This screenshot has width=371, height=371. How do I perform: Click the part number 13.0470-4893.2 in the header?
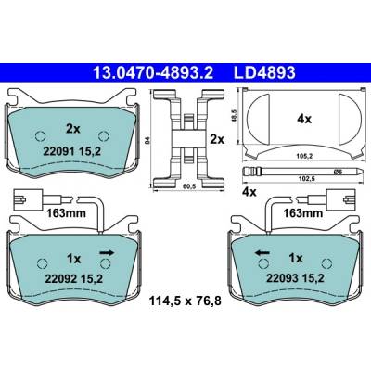[153, 73]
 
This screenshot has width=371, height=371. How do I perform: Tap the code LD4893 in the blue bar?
[264, 73]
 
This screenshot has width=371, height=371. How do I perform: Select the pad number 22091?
[58, 151]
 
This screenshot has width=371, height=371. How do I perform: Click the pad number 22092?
[61, 279]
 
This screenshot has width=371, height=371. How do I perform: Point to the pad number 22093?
[282, 278]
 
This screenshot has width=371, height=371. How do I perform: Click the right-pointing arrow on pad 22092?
[107, 253]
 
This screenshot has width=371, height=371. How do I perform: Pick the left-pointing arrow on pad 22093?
[262, 253]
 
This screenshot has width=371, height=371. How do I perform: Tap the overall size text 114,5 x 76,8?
[185, 301]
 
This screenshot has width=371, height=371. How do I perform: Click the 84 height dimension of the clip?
[148, 141]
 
